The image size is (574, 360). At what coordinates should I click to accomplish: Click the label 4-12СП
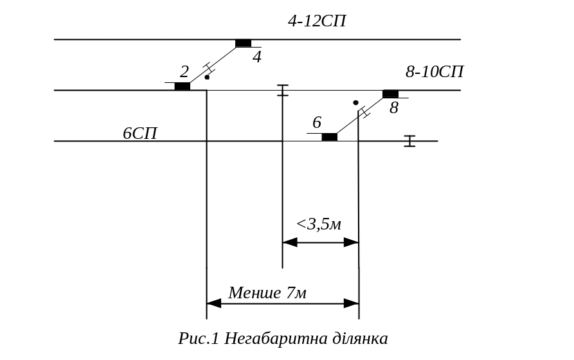click(x=317, y=21)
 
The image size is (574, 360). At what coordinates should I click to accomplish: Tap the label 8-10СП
click(x=435, y=71)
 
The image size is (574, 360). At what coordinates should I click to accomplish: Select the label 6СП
click(x=140, y=134)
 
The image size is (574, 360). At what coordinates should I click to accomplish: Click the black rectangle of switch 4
click(x=243, y=43)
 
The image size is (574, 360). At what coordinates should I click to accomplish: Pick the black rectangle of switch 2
click(x=183, y=86)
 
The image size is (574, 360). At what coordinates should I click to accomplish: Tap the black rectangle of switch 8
click(x=390, y=94)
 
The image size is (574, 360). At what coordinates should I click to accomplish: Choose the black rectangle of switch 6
click(x=329, y=137)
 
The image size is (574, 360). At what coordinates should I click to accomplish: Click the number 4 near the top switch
click(x=257, y=57)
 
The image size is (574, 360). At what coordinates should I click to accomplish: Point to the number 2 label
click(x=184, y=71)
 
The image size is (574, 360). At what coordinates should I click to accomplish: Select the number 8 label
click(x=394, y=108)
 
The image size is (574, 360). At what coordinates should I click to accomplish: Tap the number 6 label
click(x=317, y=122)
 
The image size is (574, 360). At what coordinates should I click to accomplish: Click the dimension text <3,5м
click(x=318, y=225)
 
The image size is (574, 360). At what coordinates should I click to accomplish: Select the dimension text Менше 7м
click(x=267, y=293)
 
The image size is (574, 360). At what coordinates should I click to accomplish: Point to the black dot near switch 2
click(x=207, y=77)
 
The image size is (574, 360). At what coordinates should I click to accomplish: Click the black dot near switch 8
click(x=355, y=103)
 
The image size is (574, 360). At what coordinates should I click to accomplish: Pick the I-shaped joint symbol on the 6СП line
click(x=409, y=141)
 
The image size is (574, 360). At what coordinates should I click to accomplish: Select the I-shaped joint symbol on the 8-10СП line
click(x=282, y=90)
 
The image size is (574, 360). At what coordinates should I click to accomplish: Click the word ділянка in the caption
click(x=360, y=338)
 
